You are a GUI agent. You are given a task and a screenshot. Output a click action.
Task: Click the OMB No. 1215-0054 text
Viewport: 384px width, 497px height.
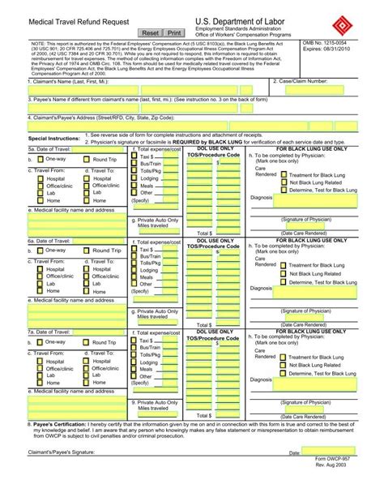pyautogui.click(x=329, y=41)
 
